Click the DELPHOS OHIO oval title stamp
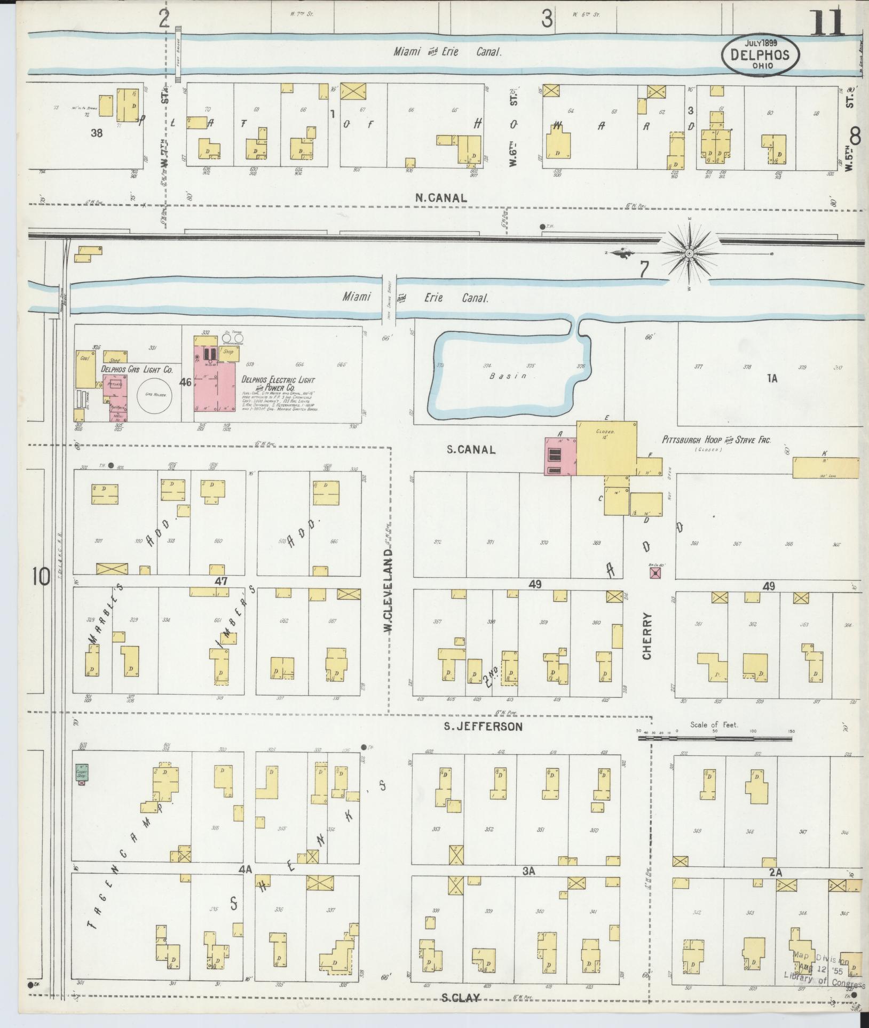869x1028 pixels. tap(761, 54)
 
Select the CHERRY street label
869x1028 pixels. tap(647, 636)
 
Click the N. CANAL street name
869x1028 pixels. tap(441, 198)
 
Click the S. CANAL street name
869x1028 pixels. tap(471, 450)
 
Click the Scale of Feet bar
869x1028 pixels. tap(715, 739)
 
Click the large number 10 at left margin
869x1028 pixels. tap(41, 577)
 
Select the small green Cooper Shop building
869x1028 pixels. tap(82, 772)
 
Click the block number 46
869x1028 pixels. tap(185, 382)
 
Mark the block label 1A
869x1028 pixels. tap(772, 379)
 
